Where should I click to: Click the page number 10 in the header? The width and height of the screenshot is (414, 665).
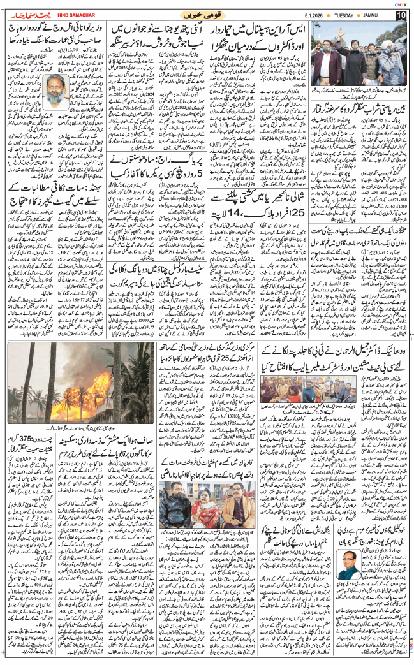tap(401, 14)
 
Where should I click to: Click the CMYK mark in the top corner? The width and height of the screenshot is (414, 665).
tap(401, 3)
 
